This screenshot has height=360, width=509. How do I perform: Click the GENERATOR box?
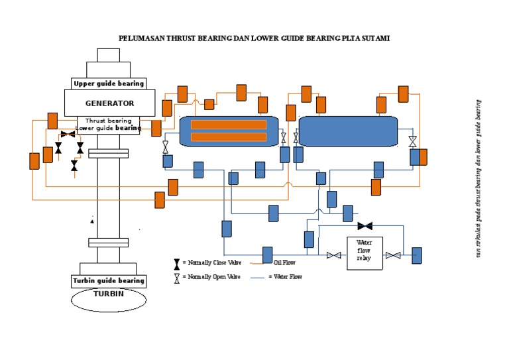109,103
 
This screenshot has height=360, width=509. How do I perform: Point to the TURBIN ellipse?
109,298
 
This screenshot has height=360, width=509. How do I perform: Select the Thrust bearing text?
110,121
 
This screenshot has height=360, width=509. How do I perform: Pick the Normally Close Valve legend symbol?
176,263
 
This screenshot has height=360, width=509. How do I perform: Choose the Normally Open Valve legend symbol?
176,278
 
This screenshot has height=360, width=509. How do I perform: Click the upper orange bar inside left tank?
229,125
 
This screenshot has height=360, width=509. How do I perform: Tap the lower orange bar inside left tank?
229,137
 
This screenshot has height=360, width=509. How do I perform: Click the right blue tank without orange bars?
348,131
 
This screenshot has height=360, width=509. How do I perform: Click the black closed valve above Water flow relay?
365,226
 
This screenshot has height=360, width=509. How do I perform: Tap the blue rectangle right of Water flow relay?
416,255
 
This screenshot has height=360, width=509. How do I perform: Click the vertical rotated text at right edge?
478,179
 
